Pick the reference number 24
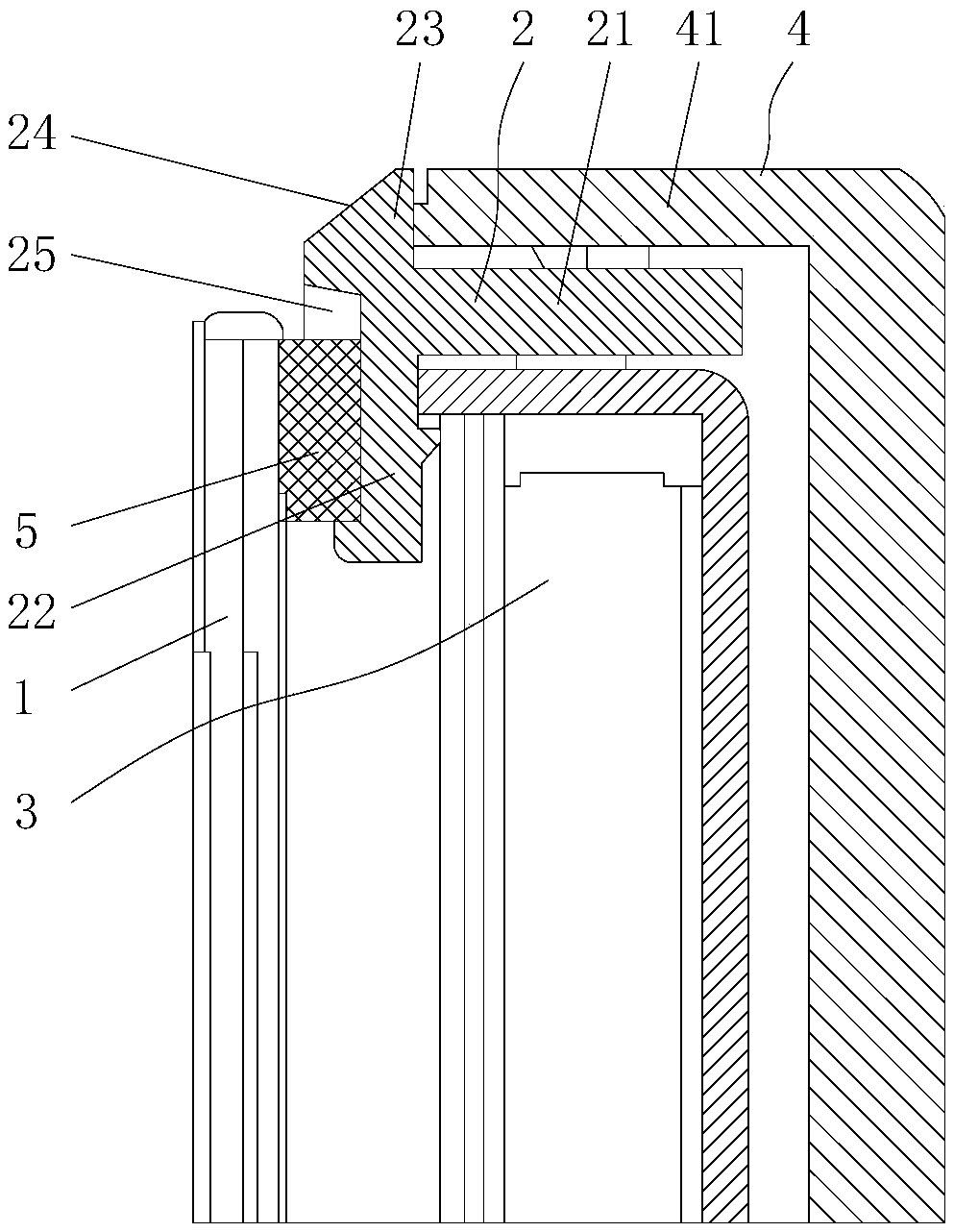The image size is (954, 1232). point(32,135)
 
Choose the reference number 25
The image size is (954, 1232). point(32,257)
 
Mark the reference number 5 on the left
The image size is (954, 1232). point(26,531)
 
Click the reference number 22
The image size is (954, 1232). point(32,611)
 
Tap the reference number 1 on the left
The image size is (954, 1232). point(23,700)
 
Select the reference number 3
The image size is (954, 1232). point(26,813)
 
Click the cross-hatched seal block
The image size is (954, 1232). point(319,428)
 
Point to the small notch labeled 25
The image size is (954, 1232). point(331,313)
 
